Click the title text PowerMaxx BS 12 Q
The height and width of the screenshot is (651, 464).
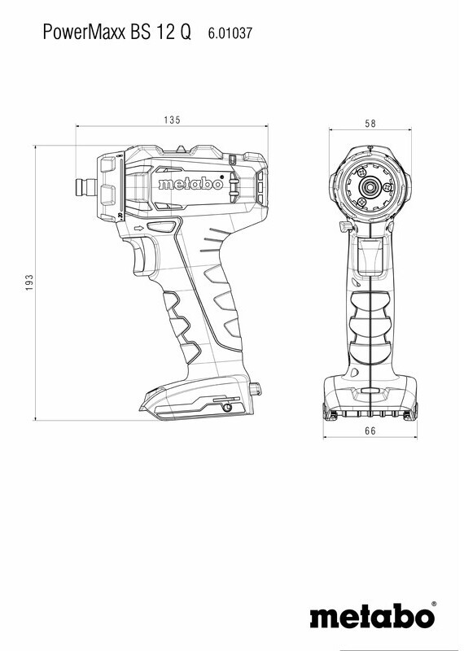116,32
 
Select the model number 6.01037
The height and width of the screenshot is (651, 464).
230,33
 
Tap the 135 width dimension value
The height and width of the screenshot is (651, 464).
172,120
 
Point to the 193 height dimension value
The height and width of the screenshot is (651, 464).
29,282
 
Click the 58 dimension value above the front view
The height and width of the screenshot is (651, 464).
370,124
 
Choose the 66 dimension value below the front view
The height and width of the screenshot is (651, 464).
370,431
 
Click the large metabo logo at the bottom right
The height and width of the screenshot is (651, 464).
372,616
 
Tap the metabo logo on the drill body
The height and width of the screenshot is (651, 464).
190,183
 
